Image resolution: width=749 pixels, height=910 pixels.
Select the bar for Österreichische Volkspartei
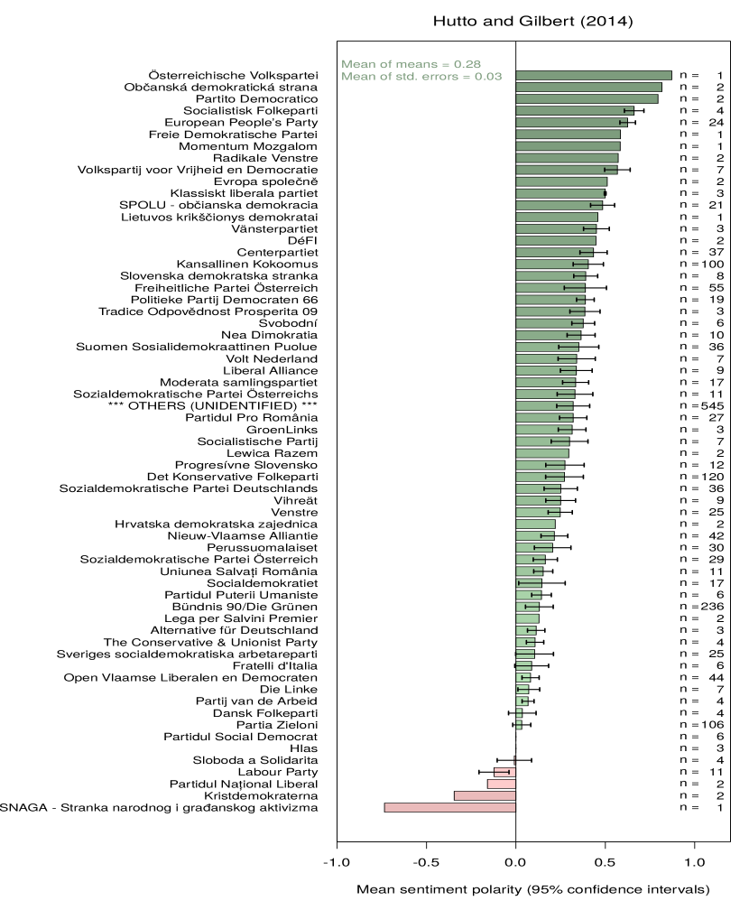[x=594, y=75]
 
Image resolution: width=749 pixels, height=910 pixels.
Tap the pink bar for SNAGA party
[x=449, y=807]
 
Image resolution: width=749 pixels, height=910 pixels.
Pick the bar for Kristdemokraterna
[x=485, y=795]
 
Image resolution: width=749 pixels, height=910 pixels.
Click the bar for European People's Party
[x=571, y=122]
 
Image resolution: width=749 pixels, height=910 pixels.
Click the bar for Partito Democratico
[x=587, y=98]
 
